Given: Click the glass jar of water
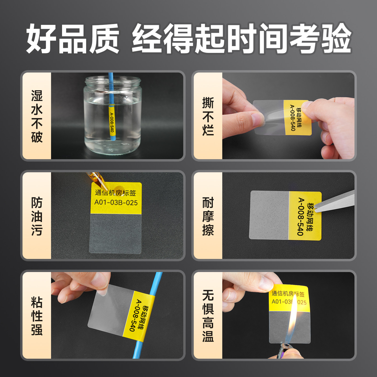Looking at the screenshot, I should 113,118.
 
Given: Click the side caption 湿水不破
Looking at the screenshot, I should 37,117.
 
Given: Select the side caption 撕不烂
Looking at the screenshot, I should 208,117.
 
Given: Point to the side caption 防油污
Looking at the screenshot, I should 37,216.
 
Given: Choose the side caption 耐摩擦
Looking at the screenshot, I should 208,216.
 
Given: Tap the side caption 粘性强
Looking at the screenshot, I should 37,316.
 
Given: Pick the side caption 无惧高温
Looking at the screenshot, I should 208,316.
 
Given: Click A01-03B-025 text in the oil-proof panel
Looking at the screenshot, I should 116,202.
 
